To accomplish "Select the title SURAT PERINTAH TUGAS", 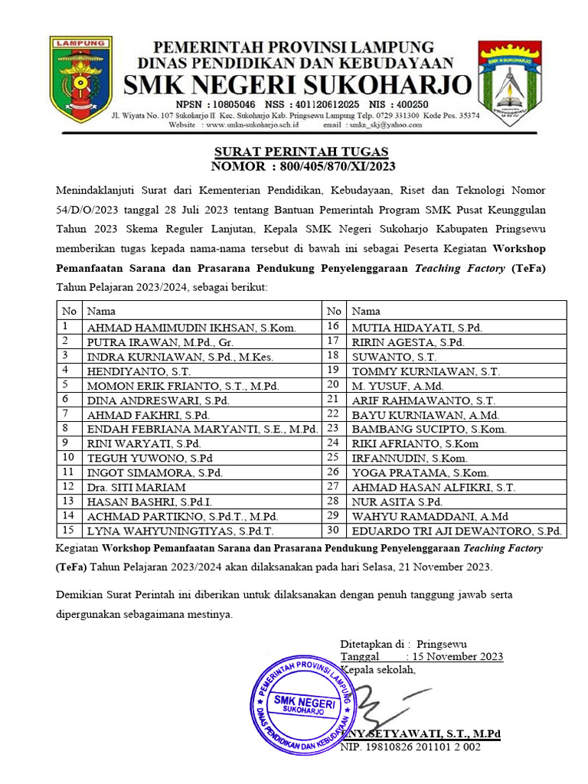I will point(301,152).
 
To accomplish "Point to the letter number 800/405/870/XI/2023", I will point(334,166).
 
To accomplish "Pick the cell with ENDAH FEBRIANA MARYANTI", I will point(202,429).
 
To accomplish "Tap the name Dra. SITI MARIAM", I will point(136,487).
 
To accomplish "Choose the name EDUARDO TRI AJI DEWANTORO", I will point(456,531).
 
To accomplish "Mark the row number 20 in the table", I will point(333,385).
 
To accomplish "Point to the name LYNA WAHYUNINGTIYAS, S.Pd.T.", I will point(181,531).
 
